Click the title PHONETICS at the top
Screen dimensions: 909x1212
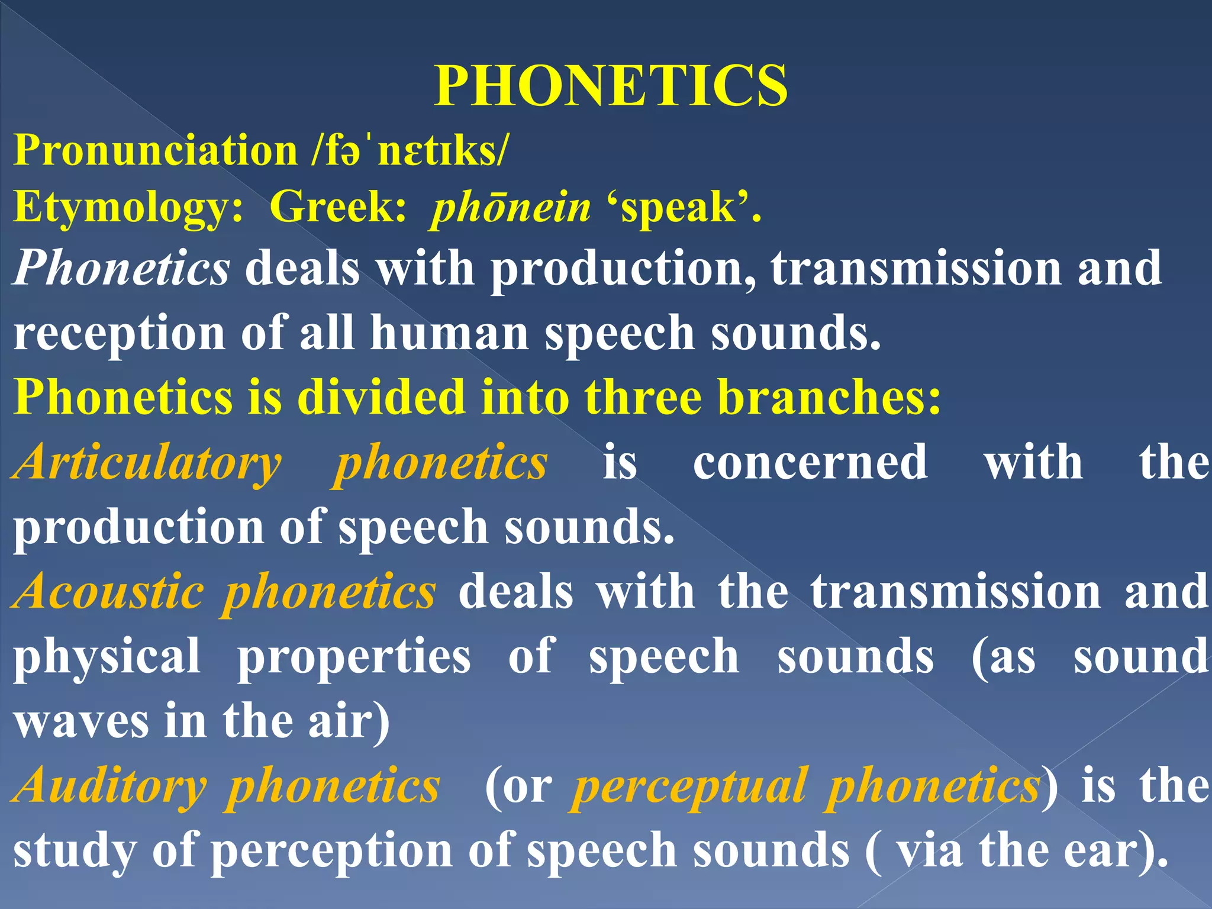(x=611, y=86)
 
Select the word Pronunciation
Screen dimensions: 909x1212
(x=156, y=150)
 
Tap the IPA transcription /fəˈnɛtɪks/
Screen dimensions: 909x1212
(x=409, y=150)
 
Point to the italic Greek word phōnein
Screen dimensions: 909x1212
(x=511, y=208)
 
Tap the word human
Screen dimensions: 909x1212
(x=449, y=333)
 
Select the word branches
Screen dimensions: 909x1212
(x=829, y=397)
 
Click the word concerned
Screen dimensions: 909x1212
(x=810, y=462)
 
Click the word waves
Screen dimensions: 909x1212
(x=81, y=721)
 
